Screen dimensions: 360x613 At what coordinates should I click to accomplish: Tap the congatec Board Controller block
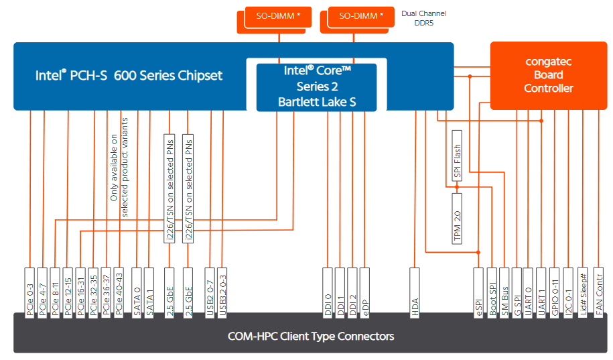[x=548, y=74]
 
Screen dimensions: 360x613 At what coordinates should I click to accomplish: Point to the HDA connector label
[x=415, y=293]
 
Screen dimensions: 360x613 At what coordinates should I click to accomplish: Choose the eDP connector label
[x=364, y=293]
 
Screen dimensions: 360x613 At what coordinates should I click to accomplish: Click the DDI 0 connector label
[x=328, y=293]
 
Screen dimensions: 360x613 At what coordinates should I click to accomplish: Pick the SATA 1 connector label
[x=149, y=293]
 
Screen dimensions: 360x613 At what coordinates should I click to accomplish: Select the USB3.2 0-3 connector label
[x=224, y=293]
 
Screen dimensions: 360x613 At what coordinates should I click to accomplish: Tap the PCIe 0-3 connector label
[x=30, y=293]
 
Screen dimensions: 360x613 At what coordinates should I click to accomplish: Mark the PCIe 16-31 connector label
[x=80, y=293]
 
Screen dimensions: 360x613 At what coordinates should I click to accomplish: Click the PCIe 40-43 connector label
[x=119, y=293]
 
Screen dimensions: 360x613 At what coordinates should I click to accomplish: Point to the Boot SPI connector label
[x=492, y=293]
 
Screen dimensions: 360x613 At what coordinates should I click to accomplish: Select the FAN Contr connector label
[x=598, y=293]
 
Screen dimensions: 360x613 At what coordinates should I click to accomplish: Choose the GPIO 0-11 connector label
[x=555, y=293]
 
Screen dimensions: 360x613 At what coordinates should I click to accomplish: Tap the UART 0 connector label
[x=529, y=293]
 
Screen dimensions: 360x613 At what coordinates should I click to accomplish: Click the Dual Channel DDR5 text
[x=423, y=18]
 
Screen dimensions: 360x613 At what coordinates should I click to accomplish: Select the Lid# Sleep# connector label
[x=584, y=293]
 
